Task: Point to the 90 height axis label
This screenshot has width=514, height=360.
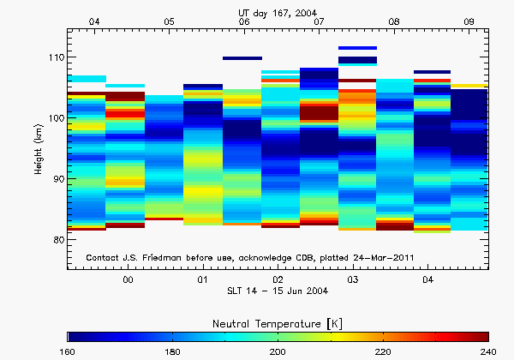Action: point(57,179)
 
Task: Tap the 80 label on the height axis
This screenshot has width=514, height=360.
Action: point(57,240)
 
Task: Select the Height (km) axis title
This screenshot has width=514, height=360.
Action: point(39,149)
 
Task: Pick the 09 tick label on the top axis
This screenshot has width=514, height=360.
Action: point(469,21)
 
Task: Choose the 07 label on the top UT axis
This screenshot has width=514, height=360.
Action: point(320,21)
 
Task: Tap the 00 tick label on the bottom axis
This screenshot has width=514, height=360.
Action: point(128,279)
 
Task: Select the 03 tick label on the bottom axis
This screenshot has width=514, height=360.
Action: point(353,279)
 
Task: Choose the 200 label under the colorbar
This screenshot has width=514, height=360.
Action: point(278,351)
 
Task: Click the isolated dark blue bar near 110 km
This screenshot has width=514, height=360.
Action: point(242,58)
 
